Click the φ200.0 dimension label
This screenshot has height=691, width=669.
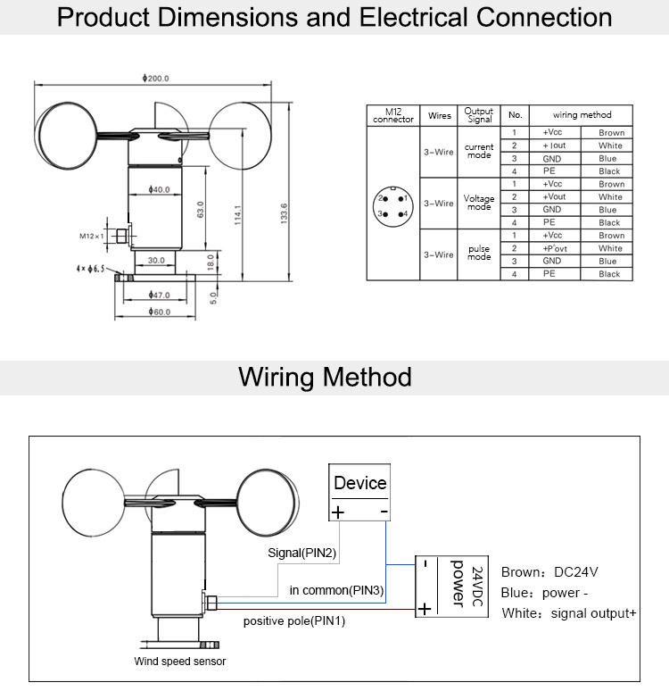point(155,79)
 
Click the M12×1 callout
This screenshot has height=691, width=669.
point(91,236)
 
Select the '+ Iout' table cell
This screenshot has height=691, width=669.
point(554,146)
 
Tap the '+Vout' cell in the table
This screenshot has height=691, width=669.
point(554,197)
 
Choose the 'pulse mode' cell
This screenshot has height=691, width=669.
point(479,254)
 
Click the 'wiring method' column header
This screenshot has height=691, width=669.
point(582,115)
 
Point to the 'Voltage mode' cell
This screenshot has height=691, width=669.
point(479,203)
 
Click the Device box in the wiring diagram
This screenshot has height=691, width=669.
point(359,492)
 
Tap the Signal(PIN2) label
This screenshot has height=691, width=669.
point(301,553)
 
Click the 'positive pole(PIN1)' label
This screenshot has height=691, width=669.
point(293,621)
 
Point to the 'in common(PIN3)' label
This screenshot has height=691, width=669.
point(336,590)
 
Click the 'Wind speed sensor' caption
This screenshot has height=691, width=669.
point(179,662)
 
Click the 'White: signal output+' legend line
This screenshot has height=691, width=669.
point(569,613)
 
